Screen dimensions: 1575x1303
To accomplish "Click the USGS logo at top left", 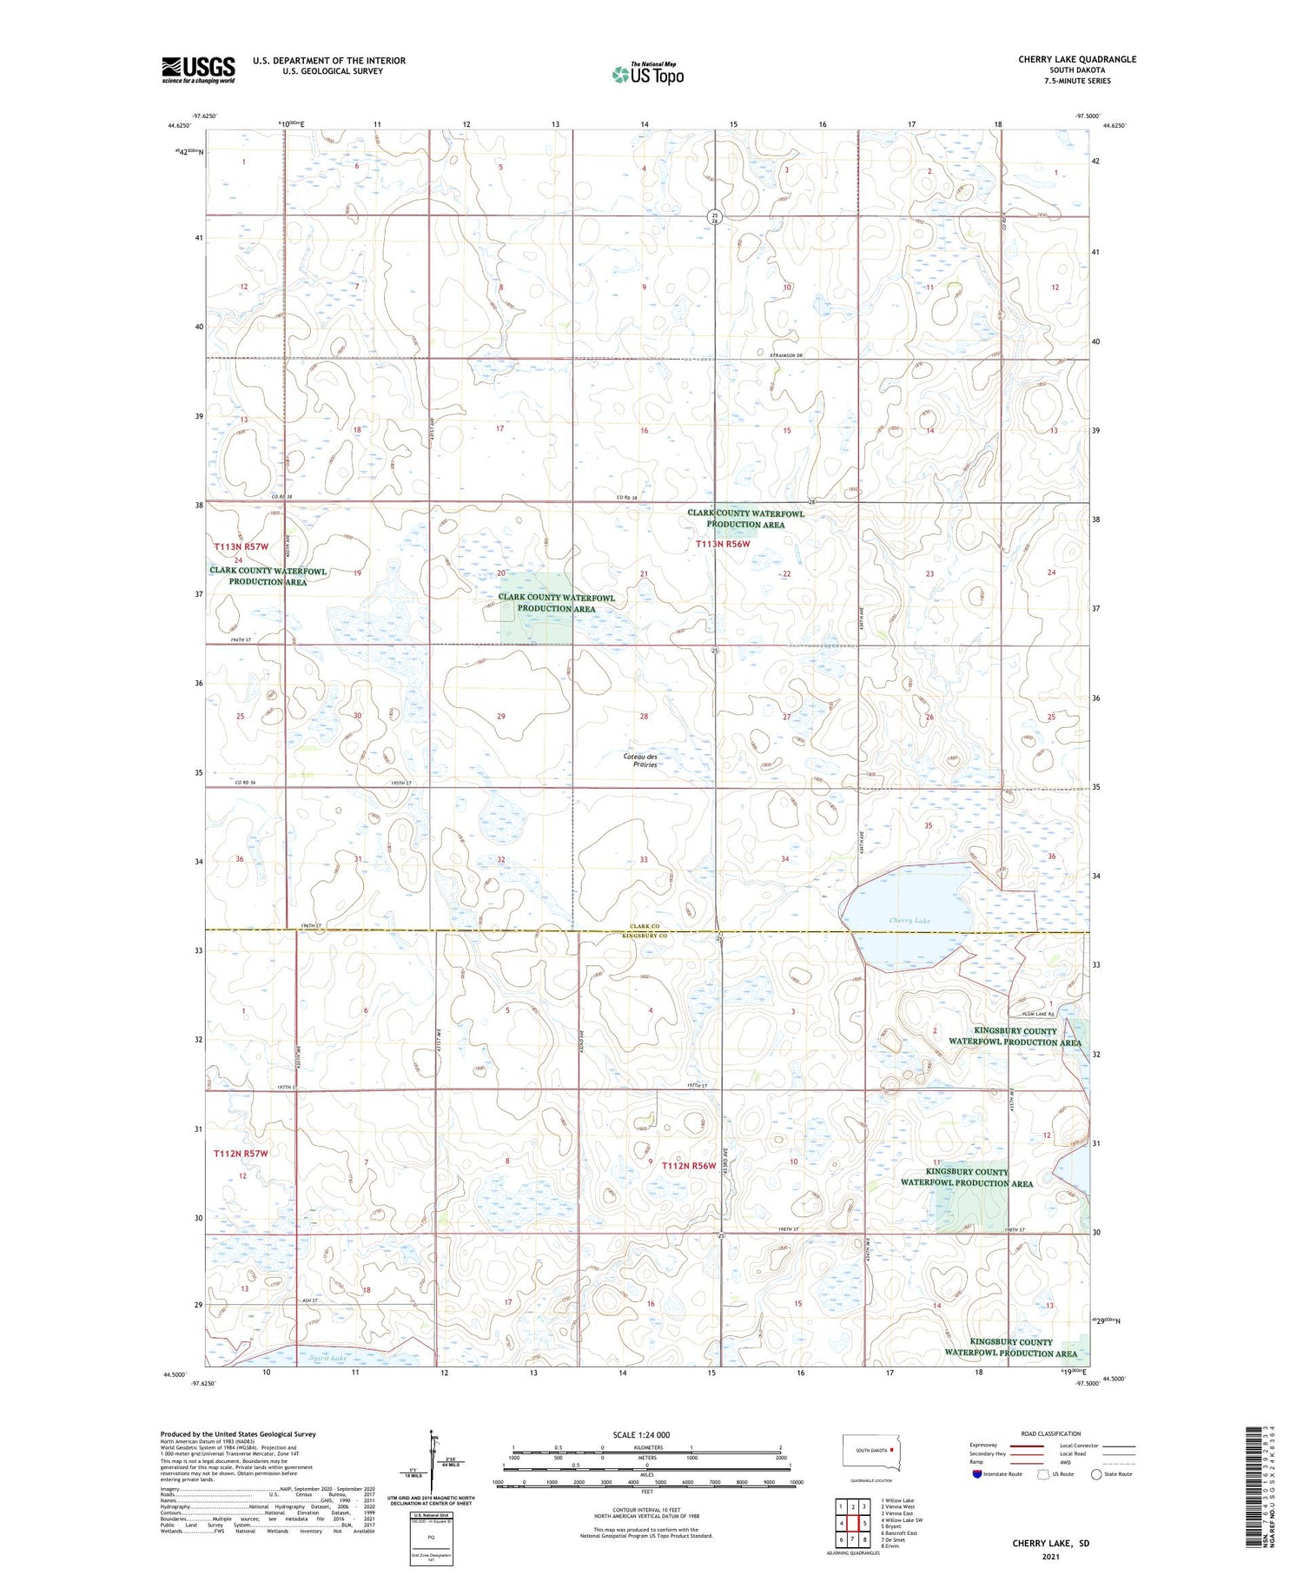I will (198, 69).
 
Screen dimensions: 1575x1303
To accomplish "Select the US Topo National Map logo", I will (647, 74).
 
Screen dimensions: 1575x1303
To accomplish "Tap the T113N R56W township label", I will (723, 544).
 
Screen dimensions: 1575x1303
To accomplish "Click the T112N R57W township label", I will (241, 1153).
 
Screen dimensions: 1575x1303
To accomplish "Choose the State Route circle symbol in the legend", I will (1096, 1473).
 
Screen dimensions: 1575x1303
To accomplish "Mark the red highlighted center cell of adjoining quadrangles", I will (853, 1522).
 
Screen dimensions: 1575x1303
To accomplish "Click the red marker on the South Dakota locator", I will (891, 1449).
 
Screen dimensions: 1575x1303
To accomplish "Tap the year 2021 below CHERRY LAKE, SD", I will (1050, 1557).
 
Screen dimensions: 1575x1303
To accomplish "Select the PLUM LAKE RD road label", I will (1038, 1013).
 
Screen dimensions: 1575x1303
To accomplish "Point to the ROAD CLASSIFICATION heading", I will (1051, 1433).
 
